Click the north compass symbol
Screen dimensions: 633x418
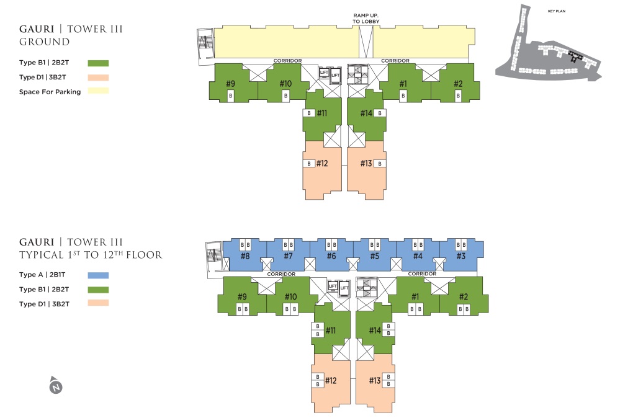56,385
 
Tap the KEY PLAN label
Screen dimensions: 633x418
556,11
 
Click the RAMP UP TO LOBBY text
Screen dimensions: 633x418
366,18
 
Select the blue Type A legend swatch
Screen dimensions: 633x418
98,275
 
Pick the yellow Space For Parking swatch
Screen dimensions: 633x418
98,91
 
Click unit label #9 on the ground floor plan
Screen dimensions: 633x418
230,84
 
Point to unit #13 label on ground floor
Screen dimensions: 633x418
366,163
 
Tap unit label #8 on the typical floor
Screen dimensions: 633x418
245,256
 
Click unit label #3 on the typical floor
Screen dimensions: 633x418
461,256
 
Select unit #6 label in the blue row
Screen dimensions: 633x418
331,256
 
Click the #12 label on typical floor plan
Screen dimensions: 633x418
331,380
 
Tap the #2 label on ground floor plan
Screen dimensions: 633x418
458,84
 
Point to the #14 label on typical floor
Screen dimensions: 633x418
375,331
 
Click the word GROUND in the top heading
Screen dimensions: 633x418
45,42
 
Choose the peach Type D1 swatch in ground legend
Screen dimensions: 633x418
98,78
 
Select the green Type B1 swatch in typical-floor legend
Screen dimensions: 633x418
98,290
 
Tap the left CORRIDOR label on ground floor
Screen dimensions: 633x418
287,61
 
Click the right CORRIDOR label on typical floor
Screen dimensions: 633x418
422,273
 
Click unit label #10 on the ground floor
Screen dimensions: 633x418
285,84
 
